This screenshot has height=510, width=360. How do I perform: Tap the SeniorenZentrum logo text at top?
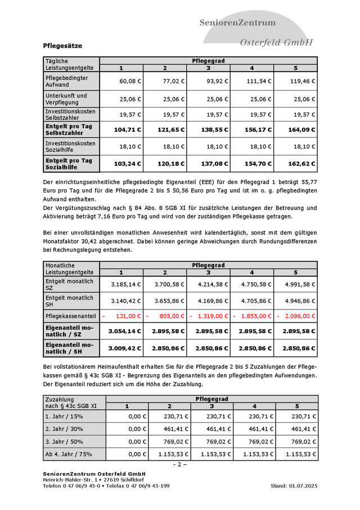tap(238, 23)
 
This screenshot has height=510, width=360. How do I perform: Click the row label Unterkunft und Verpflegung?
tap(66, 99)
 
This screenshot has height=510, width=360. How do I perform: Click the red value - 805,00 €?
tap(168, 316)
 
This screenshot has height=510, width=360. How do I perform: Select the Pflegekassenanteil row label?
tap(67, 316)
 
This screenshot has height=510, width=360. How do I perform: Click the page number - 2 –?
tap(180, 464)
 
